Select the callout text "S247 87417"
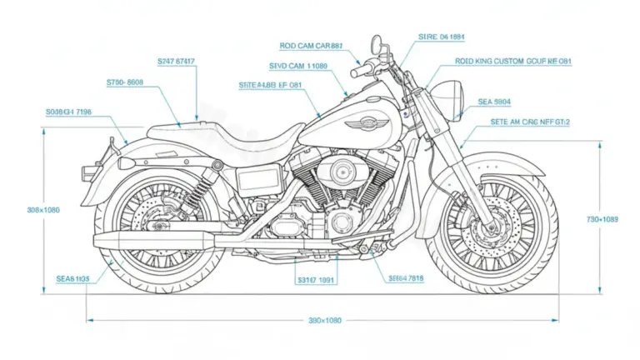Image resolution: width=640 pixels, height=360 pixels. (x=177, y=61)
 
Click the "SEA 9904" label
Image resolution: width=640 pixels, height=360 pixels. (x=494, y=102)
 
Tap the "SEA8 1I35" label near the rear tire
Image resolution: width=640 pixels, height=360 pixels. (x=72, y=277)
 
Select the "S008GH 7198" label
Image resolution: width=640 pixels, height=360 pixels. (x=68, y=111)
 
